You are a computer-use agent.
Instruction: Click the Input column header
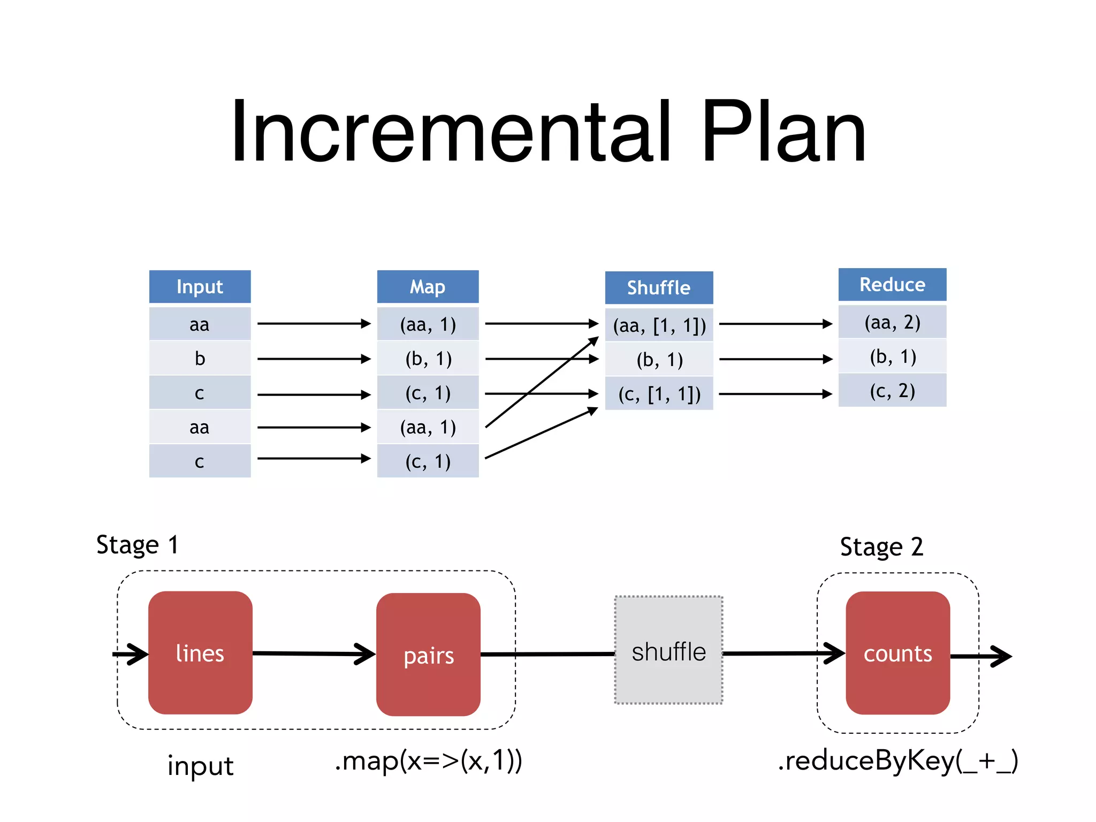(x=200, y=287)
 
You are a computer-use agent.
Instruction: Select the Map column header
(x=428, y=287)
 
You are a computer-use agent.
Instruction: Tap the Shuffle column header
(x=659, y=288)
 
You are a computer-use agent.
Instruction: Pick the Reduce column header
(x=892, y=285)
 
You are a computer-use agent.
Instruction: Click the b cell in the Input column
(x=200, y=359)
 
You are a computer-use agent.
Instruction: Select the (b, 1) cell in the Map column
(x=428, y=359)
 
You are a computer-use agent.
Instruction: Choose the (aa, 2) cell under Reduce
(x=892, y=322)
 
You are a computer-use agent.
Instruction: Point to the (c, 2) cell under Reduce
(x=892, y=391)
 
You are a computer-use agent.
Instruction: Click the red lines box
(x=200, y=653)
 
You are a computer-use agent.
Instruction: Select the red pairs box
(x=428, y=654)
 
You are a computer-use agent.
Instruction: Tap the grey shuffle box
(x=668, y=651)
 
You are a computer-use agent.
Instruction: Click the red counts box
(x=897, y=653)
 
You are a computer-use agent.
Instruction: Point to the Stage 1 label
(x=137, y=545)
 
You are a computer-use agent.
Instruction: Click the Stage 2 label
(x=881, y=547)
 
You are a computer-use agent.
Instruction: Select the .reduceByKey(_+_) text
(x=897, y=761)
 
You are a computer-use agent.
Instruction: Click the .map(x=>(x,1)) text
(x=428, y=761)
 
